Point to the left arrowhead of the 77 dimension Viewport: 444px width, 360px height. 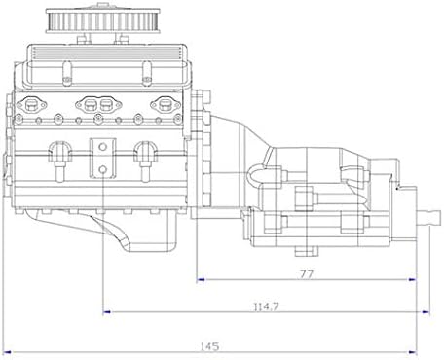point(201,285)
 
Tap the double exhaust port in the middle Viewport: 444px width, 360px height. point(99,102)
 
